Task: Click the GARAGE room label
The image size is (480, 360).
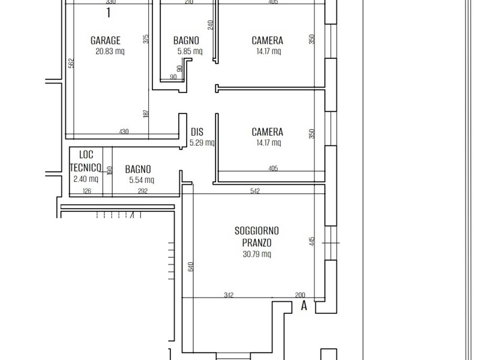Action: (x=106, y=41)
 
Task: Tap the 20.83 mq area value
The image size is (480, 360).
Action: (x=110, y=52)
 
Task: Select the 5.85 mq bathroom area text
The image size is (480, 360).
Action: (x=190, y=52)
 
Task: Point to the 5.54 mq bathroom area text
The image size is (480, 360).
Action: (x=142, y=179)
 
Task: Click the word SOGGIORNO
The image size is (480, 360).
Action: (x=257, y=230)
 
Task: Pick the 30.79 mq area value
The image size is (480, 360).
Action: (x=257, y=254)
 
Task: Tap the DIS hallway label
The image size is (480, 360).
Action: (x=197, y=132)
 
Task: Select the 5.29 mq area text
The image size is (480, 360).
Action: (x=202, y=143)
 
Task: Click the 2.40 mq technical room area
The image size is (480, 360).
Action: (x=85, y=179)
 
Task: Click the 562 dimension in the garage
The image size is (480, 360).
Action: (x=71, y=63)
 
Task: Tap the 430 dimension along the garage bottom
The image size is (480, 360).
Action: (x=124, y=131)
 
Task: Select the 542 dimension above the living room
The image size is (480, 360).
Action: (x=254, y=191)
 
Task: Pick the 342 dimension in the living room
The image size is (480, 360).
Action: (x=228, y=295)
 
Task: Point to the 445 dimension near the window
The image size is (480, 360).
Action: (x=312, y=242)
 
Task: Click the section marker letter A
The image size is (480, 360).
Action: (x=304, y=305)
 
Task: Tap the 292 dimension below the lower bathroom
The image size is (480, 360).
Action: (x=143, y=192)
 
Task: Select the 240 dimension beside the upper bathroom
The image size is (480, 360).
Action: (x=211, y=25)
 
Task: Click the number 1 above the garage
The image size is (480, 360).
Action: (x=109, y=13)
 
